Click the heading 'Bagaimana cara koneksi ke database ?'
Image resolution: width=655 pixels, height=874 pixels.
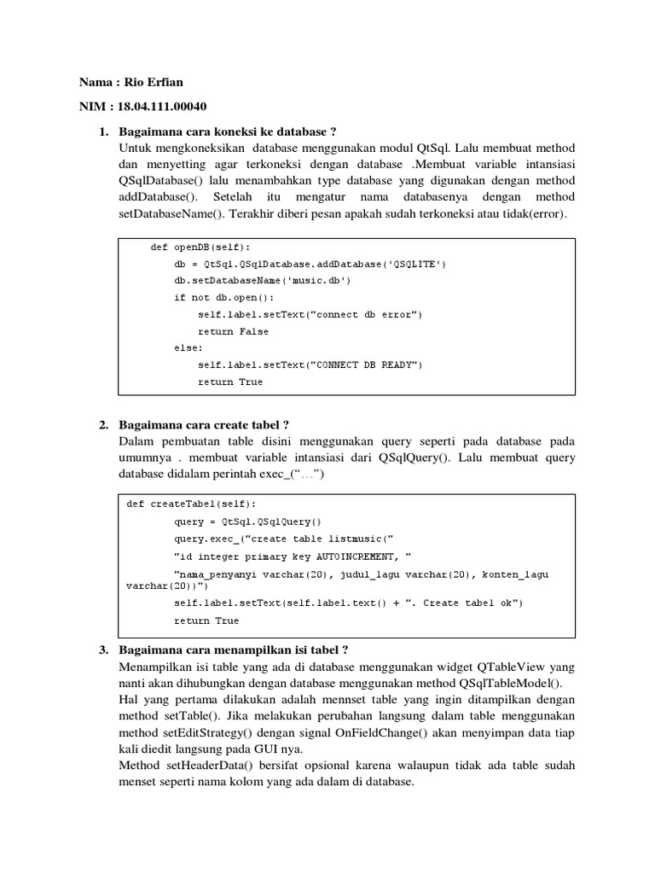coord(228,131)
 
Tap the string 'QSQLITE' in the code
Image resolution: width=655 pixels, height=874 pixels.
coord(410,264)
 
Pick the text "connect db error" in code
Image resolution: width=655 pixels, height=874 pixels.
coord(365,314)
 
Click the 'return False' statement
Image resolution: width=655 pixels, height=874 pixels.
coord(233,331)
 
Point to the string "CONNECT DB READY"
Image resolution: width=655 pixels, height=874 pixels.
coord(365,365)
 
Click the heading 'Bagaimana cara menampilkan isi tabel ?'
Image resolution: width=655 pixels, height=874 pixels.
coord(235,650)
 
